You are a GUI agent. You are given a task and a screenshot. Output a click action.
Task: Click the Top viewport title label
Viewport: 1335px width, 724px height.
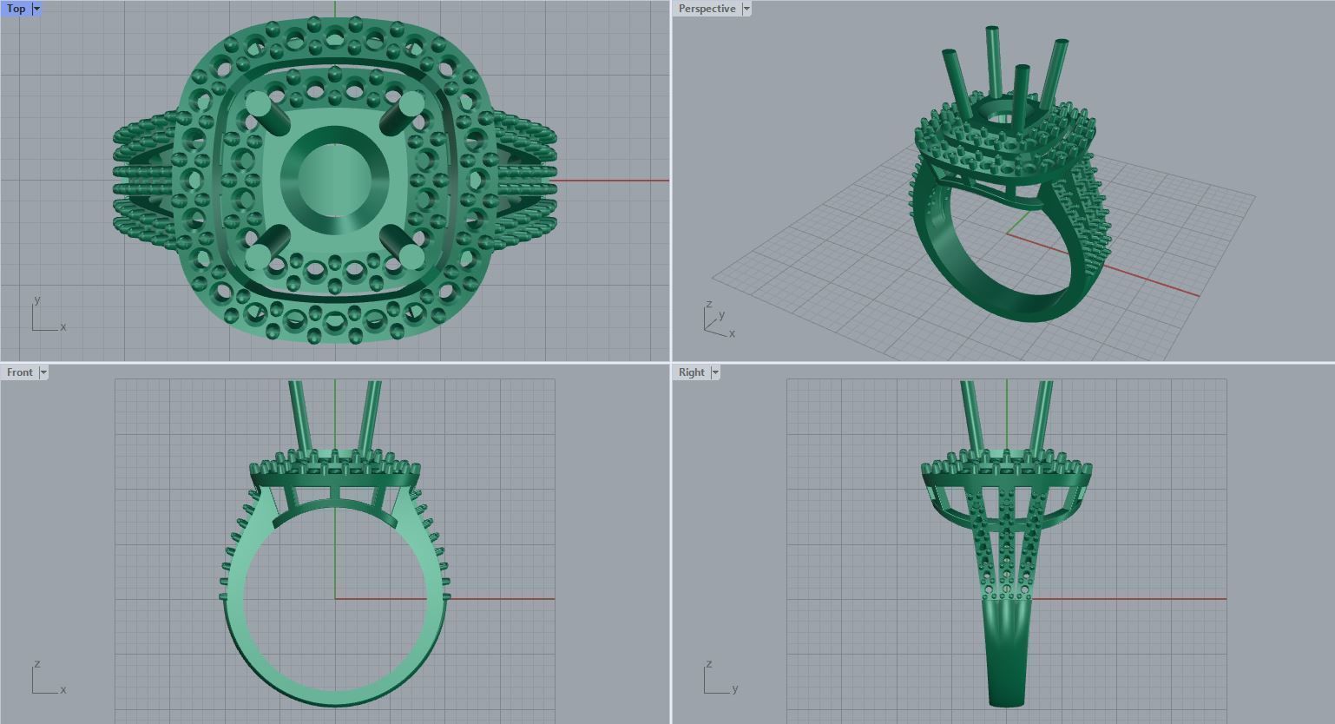tap(16, 9)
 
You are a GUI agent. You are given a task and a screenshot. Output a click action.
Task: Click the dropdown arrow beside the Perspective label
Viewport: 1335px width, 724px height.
tap(746, 9)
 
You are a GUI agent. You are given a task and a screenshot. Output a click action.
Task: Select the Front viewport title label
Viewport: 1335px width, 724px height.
tap(19, 372)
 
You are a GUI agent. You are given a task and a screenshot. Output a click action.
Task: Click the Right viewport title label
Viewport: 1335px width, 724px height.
tap(691, 372)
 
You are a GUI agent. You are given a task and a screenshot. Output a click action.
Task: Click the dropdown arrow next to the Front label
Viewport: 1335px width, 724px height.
tap(43, 372)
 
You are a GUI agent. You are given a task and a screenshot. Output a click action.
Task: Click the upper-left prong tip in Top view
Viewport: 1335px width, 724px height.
tap(259, 104)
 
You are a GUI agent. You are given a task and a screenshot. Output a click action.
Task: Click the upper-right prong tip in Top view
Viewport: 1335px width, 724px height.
tap(411, 103)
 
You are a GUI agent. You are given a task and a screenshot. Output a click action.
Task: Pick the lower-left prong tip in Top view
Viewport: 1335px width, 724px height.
tap(258, 257)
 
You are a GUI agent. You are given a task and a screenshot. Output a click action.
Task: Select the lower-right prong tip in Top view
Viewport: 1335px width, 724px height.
tap(411, 256)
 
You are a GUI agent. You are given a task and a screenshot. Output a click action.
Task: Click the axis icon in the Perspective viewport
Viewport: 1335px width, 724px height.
tap(716, 322)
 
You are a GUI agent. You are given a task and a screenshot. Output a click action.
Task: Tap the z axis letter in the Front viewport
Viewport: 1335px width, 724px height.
tap(37, 663)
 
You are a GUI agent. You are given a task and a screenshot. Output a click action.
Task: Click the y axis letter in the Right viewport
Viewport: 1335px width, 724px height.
tap(734, 688)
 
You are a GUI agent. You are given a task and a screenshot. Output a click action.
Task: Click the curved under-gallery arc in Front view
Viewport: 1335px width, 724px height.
tap(334, 508)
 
